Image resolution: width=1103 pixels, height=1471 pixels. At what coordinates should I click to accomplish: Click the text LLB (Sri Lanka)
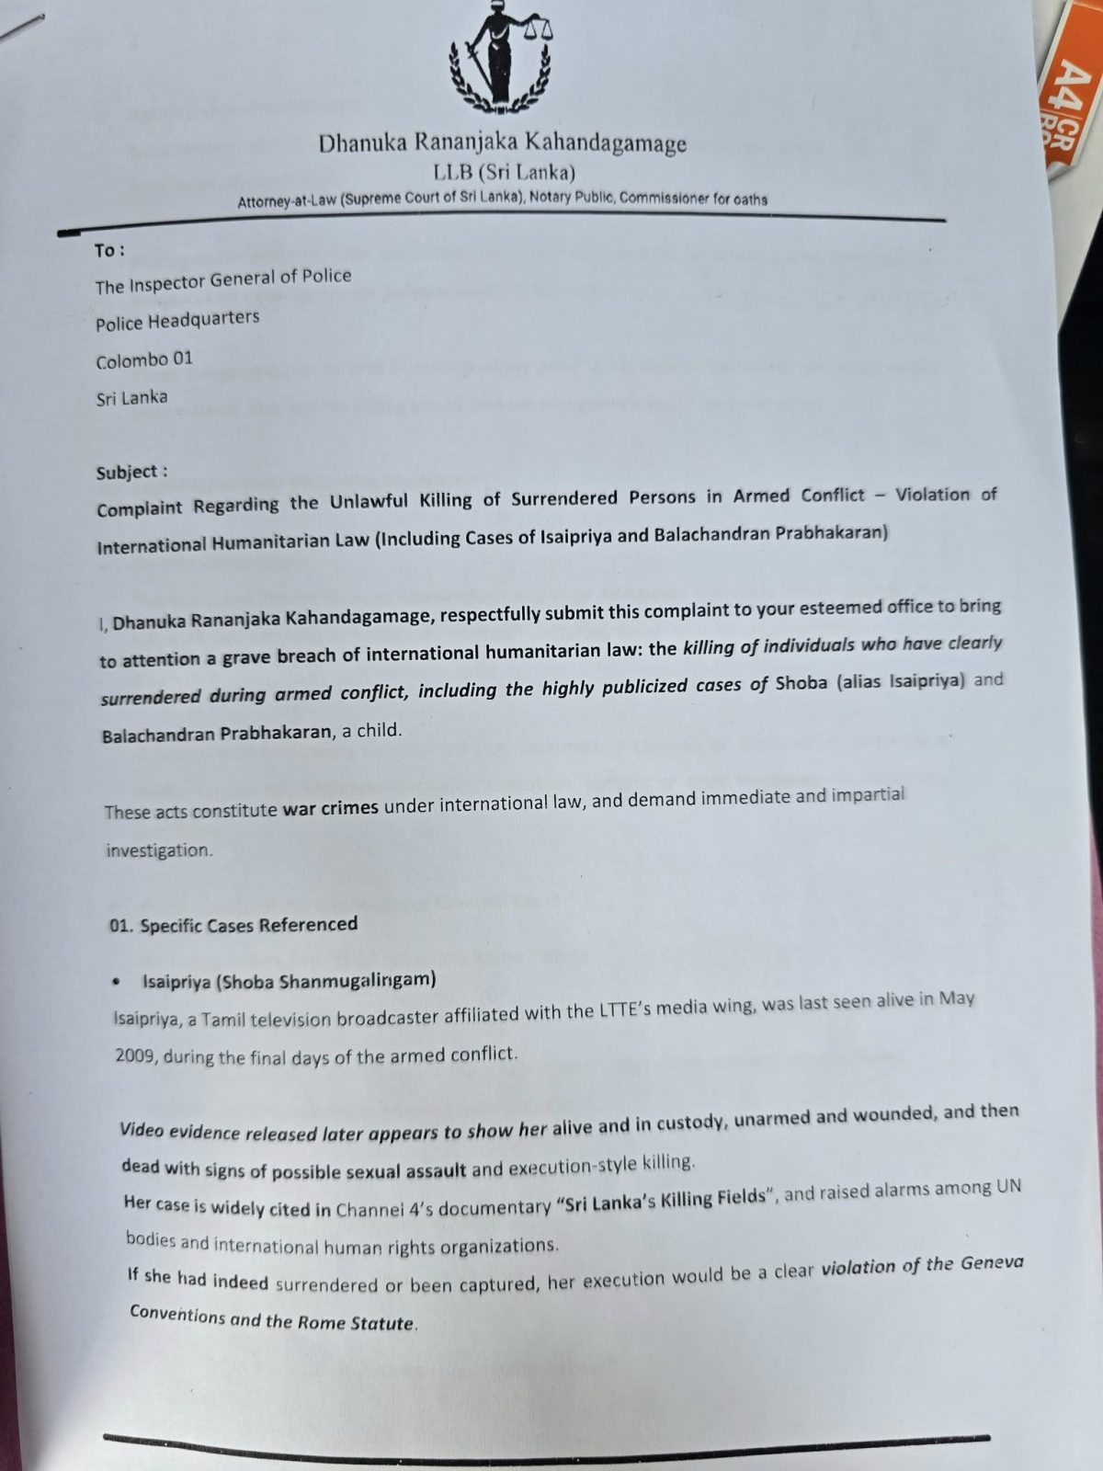point(505,172)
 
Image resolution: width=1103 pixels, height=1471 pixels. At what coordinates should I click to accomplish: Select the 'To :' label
point(109,250)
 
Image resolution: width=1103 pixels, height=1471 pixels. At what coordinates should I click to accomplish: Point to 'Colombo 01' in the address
point(144,359)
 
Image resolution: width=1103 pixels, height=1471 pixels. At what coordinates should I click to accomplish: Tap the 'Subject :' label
point(132,473)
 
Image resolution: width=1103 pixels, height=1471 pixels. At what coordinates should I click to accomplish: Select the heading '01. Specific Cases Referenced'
point(233,925)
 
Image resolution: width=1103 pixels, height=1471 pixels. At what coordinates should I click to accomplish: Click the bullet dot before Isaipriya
point(116,983)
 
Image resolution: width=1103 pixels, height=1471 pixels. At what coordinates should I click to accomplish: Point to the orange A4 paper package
point(1071,101)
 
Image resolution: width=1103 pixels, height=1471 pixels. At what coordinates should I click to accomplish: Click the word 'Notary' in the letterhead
point(551,198)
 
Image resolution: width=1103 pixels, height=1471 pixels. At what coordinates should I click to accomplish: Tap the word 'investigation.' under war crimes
point(159,850)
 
